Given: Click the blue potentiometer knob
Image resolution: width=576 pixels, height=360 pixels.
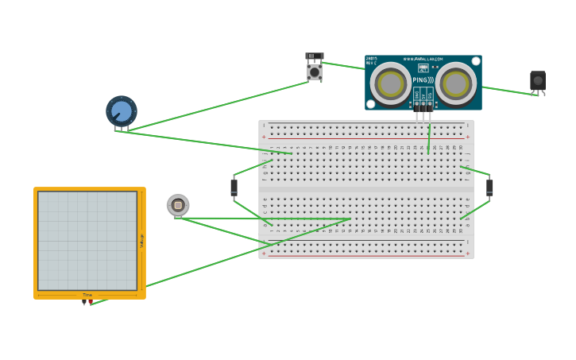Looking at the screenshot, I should [122, 111].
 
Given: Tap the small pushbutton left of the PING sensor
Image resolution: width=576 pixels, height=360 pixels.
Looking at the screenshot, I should [315, 71].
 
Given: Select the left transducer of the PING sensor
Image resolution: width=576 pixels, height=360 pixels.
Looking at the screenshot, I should [391, 83].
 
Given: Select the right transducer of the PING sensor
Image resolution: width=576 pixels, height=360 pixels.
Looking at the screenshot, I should [456, 83].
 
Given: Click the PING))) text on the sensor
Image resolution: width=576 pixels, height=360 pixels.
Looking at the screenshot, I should [423, 80].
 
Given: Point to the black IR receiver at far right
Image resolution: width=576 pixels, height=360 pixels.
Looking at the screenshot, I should [538, 81].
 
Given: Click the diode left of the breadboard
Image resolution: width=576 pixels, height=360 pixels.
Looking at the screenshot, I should [234, 188].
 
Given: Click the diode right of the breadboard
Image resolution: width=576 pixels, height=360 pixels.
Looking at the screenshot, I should [489, 188].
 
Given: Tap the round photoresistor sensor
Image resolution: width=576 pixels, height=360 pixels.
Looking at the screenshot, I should [178, 205].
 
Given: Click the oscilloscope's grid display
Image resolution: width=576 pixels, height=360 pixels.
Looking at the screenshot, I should [87, 240].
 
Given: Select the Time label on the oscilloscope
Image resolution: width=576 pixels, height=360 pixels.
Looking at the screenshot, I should [87, 295].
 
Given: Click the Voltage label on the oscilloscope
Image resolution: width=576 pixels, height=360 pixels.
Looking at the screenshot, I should [142, 240].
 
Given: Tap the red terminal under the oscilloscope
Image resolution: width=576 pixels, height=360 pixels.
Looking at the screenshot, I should [91, 303].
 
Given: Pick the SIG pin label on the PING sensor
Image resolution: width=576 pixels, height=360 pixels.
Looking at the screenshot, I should [430, 95].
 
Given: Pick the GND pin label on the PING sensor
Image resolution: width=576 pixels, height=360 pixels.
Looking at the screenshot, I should [416, 95].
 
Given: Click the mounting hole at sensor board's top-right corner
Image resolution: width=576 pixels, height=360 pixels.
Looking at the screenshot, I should [475, 61].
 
